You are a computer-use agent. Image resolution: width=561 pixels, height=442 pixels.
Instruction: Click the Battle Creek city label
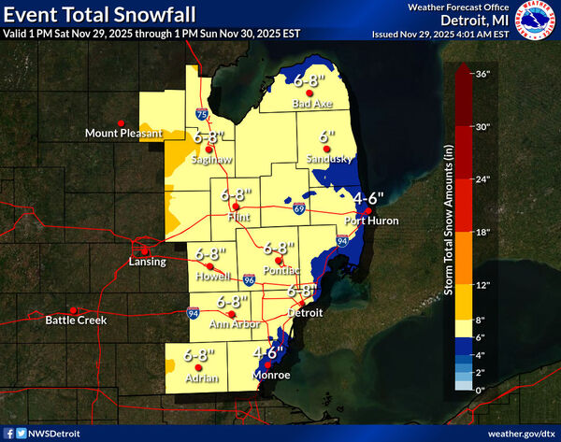click(77, 321)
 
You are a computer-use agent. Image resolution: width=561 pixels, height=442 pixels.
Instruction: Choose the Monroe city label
click(272, 376)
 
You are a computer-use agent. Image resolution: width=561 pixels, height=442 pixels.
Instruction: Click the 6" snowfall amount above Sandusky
click(326, 136)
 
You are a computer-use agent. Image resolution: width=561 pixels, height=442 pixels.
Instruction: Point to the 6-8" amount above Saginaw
click(210, 137)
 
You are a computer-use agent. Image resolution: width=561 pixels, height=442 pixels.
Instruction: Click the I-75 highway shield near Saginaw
click(202, 114)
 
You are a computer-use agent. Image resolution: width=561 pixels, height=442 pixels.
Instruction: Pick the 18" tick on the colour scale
click(485, 230)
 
